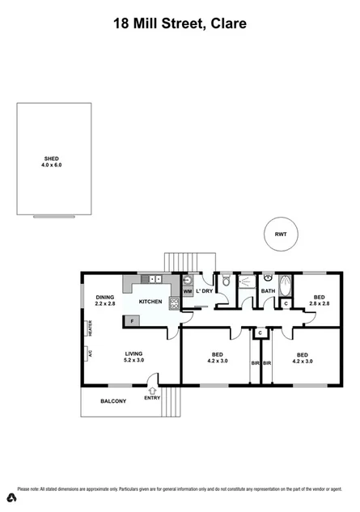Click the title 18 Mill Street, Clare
point(180,25)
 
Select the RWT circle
point(281,234)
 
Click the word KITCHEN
point(150,302)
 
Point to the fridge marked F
point(132,321)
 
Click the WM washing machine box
point(187,291)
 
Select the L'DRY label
point(204,291)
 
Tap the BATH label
point(269,290)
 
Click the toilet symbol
point(228,282)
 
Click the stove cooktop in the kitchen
point(173,305)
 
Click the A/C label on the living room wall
point(91,353)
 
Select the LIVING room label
point(133,353)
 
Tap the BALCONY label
point(113,401)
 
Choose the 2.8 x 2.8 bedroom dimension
point(321,303)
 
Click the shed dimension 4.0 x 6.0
point(51,164)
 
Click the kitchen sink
point(156,280)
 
